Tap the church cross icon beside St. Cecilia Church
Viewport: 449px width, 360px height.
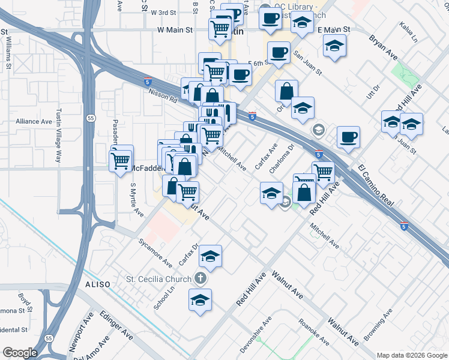(x=200, y=279)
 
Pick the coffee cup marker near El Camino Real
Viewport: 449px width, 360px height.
(x=348, y=137)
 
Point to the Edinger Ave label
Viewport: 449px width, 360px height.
(x=116, y=327)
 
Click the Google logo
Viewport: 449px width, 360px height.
(x=20, y=352)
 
